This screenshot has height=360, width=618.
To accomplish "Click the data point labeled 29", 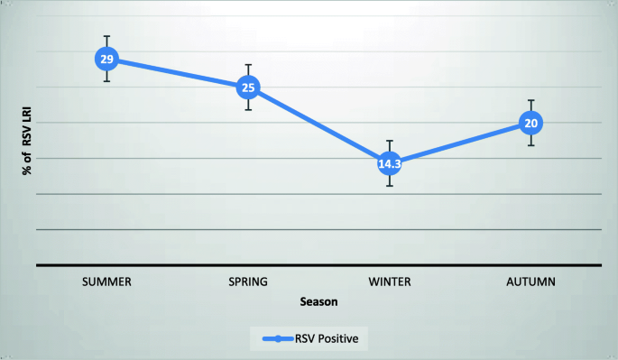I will pos(106,60).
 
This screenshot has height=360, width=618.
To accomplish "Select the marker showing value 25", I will pos(248,88).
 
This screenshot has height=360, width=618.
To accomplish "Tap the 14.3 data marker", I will pos(390,163).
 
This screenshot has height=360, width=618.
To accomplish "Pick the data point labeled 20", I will pos(531,124).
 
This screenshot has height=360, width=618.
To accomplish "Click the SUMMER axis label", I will pos(106,282).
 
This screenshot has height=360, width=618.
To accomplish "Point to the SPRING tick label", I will pos(248,282).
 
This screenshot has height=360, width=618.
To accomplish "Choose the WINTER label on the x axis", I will pos(390,282).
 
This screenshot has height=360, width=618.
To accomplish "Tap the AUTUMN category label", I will pos(531,282).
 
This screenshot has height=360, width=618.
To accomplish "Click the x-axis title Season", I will pos(319,302).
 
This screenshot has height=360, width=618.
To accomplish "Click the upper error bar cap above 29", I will pos(106,37).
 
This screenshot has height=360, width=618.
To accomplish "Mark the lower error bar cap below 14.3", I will pos(390,186).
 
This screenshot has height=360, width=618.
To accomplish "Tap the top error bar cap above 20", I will pos(531,100).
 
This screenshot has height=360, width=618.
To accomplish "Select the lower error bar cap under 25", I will pos(248,110).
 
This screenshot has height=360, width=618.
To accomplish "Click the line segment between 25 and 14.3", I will pos(318,125).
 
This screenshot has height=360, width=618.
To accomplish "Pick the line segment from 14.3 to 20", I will pos(460,143).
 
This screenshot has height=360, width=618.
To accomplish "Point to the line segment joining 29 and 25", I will pos(177,73).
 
